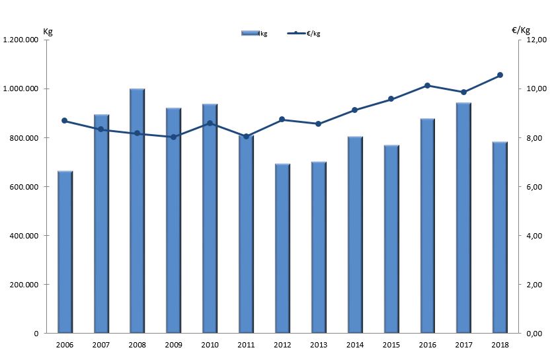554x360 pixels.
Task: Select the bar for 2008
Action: [x=137, y=211]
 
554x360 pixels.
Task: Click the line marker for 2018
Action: [x=500, y=75]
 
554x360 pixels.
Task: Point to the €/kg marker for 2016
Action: [x=428, y=86]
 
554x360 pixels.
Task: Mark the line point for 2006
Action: [x=65, y=121]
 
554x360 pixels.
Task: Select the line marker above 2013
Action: [x=319, y=124]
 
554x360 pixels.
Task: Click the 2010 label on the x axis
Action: [x=210, y=345]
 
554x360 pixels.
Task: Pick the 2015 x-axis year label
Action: [x=391, y=345]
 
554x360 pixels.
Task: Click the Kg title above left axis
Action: [x=48, y=30]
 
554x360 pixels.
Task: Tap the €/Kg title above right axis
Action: [x=521, y=30]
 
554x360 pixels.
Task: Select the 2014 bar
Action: [x=355, y=235]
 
